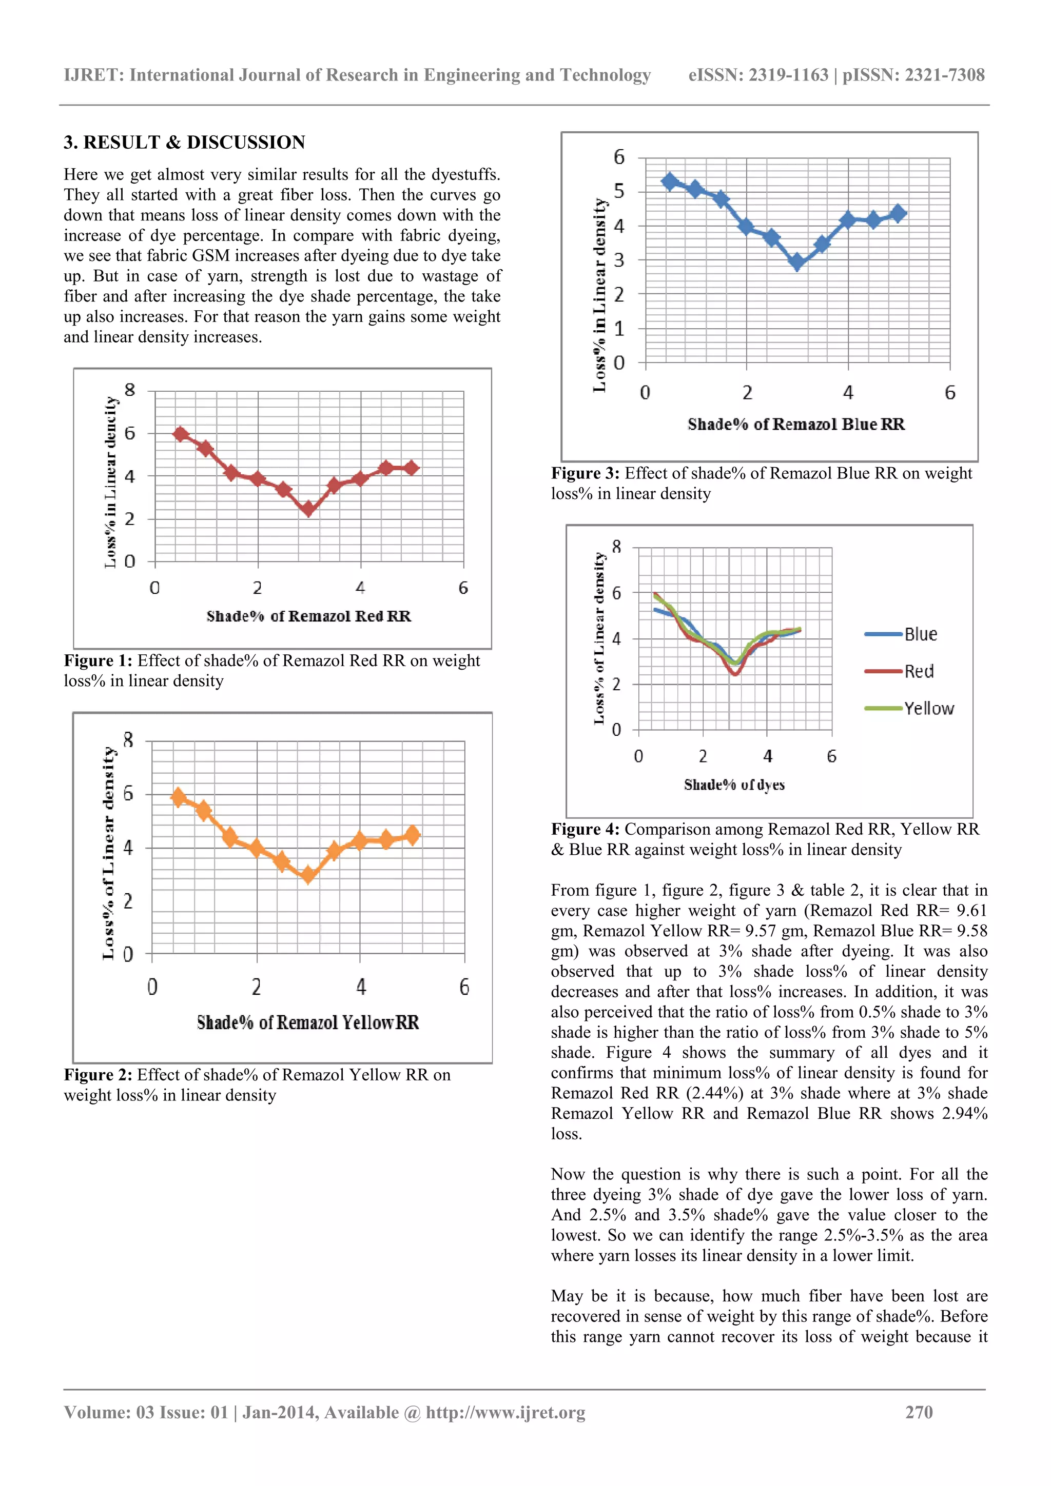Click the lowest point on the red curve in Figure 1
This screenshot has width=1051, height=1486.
(x=308, y=509)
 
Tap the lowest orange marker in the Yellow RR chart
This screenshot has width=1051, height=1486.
(x=308, y=875)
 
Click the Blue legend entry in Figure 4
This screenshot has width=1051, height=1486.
(x=920, y=634)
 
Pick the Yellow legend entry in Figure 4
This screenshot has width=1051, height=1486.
(x=928, y=708)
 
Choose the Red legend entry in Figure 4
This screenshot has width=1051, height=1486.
(x=918, y=671)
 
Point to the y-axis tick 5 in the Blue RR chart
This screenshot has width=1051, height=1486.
(x=619, y=192)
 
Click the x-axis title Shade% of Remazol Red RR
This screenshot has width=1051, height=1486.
(x=308, y=616)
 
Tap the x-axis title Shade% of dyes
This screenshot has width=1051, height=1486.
(x=734, y=785)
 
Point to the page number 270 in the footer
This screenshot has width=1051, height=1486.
(x=918, y=1412)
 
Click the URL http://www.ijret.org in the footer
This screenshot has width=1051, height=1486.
(x=505, y=1412)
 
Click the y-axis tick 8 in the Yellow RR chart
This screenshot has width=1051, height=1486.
(x=128, y=740)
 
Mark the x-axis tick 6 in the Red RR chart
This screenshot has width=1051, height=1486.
(x=463, y=588)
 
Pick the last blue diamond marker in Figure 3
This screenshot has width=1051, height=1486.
(x=898, y=213)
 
